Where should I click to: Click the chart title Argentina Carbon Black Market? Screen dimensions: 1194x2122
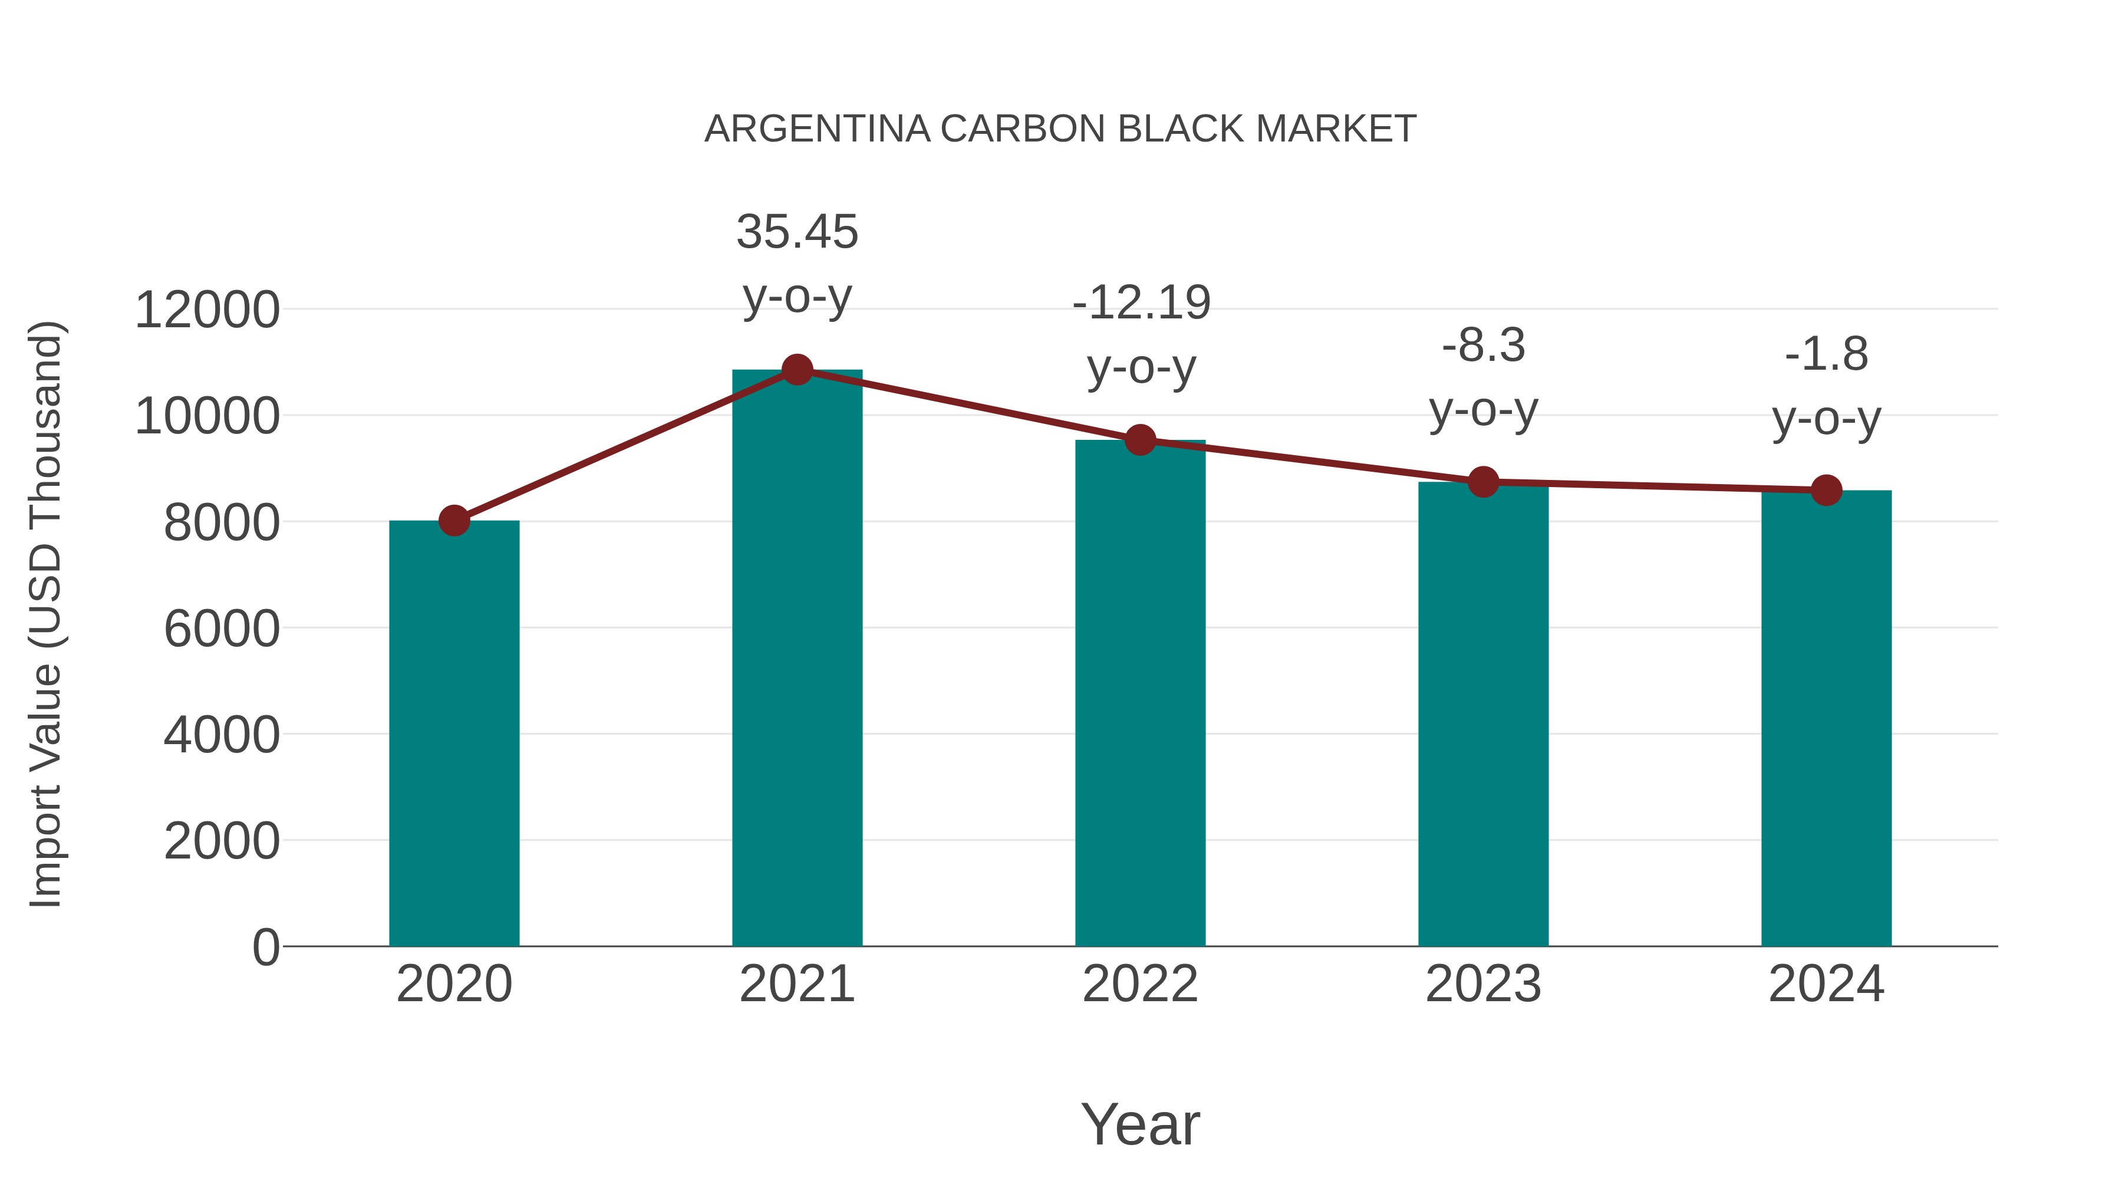pyautogui.click(x=1060, y=129)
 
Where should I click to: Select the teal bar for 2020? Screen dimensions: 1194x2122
pyautogui.click(x=454, y=733)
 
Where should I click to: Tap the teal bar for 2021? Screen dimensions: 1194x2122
pyautogui.click(x=796, y=659)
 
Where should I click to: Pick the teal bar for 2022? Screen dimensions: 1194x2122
pyautogui.click(x=1140, y=692)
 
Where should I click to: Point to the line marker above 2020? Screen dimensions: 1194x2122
pyautogui.click(x=454, y=521)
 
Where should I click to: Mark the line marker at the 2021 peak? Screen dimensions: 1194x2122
pyautogui.click(x=796, y=370)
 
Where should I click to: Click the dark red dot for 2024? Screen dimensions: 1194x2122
pyautogui.click(x=1826, y=491)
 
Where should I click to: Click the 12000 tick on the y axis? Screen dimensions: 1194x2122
pyautogui.click(x=207, y=311)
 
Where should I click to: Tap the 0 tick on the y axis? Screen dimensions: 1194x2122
pyautogui.click(x=265, y=947)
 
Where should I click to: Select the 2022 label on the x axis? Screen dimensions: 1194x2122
pyautogui.click(x=1140, y=984)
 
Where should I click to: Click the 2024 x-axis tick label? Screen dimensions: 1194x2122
pyautogui.click(x=1826, y=984)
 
